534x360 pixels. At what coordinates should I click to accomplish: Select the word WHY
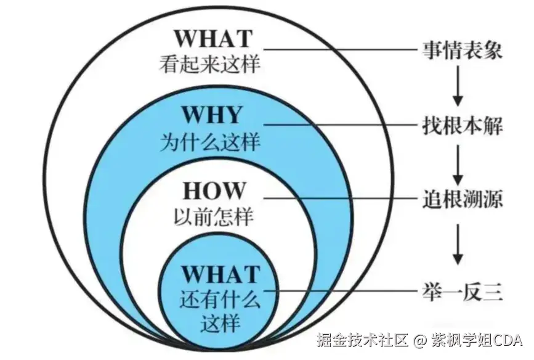211,115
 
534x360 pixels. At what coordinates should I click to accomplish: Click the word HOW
211,190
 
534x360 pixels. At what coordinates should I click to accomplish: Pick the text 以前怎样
211,217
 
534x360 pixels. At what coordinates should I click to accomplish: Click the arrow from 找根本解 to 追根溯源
457,161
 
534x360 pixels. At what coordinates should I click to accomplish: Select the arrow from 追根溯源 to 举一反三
457,243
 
